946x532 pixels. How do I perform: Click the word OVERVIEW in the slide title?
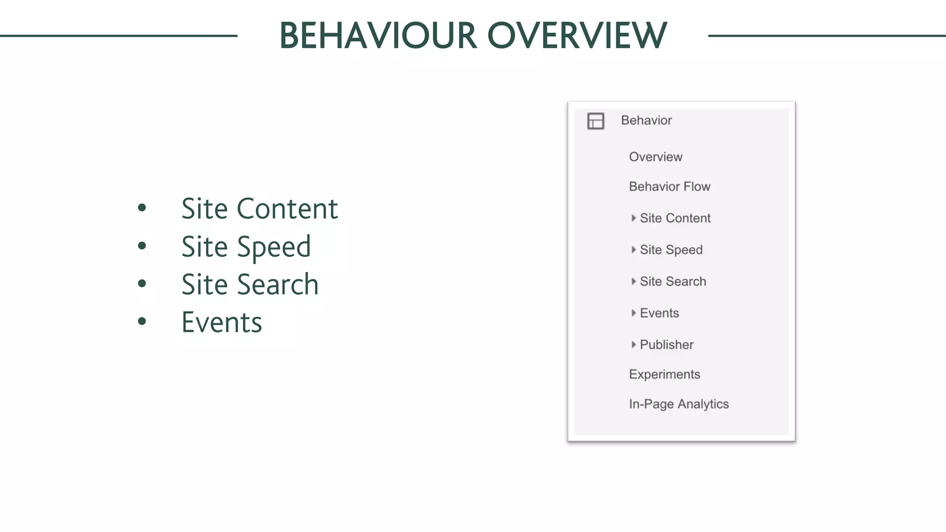coord(577,36)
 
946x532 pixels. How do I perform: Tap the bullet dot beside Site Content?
coord(142,208)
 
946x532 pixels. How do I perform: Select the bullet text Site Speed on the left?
coord(246,247)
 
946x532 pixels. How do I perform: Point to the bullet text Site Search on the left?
coord(249,284)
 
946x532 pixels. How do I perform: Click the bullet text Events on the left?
coord(222,322)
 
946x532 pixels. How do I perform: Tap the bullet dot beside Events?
coord(142,321)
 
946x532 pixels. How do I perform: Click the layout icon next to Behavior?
coord(595,121)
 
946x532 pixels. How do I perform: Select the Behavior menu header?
coord(646,121)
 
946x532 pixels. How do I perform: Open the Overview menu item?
coord(655,157)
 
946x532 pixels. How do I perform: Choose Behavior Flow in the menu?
coord(669,187)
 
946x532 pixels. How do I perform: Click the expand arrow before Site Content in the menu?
coord(633,218)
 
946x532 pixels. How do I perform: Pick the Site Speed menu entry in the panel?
coord(671,250)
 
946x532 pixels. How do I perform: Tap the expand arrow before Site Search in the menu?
coord(633,281)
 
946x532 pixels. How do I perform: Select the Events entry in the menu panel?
coord(659,313)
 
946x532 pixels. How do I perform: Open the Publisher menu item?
coord(667,345)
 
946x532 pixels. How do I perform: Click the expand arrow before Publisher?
coord(633,345)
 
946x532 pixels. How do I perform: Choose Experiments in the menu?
coord(664,375)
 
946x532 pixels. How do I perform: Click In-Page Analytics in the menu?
coord(679,404)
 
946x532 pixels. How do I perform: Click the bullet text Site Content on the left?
coord(259,209)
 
